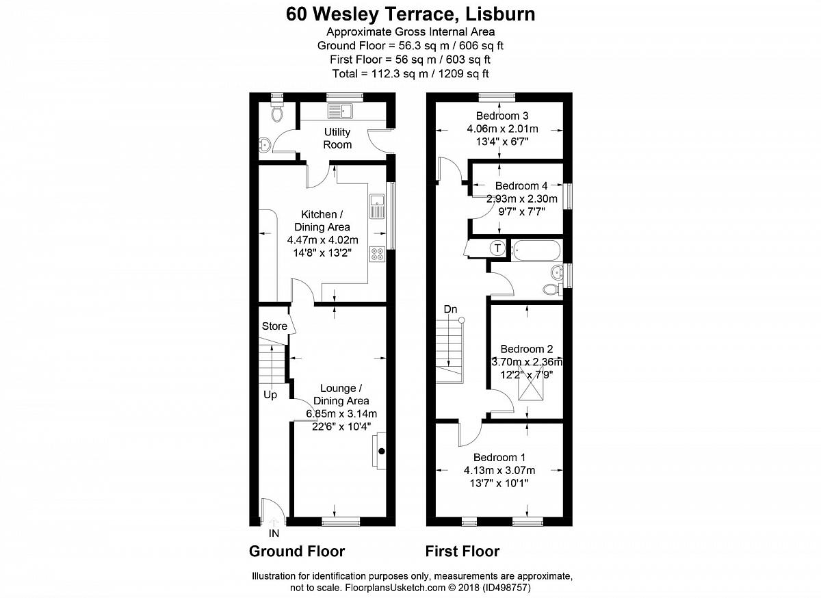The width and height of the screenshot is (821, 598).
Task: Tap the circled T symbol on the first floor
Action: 497,248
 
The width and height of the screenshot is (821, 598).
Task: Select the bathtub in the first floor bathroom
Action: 536,250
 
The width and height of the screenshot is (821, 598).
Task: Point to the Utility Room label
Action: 337,138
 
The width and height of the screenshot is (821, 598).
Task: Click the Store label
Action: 274,326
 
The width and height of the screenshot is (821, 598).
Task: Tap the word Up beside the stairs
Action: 270,395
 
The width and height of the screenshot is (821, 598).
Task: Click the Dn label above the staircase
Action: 450,309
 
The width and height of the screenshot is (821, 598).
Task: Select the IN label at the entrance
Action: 274,534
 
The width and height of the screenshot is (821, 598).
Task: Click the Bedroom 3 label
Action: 502,116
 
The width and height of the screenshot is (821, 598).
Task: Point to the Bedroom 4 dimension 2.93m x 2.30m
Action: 521,198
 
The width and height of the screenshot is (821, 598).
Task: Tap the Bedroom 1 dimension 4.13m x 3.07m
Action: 499,470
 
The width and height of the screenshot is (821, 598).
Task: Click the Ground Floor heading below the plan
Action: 297,551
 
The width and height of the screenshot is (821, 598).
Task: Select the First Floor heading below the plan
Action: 462,551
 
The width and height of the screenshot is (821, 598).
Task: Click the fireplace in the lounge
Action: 379,451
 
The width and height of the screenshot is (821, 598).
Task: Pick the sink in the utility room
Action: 341,111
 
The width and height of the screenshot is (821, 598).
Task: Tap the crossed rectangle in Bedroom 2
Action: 530,383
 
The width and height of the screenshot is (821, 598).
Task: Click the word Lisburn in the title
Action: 500,14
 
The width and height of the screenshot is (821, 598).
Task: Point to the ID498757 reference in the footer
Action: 506,587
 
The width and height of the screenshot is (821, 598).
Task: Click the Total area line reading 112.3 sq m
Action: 410,74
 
